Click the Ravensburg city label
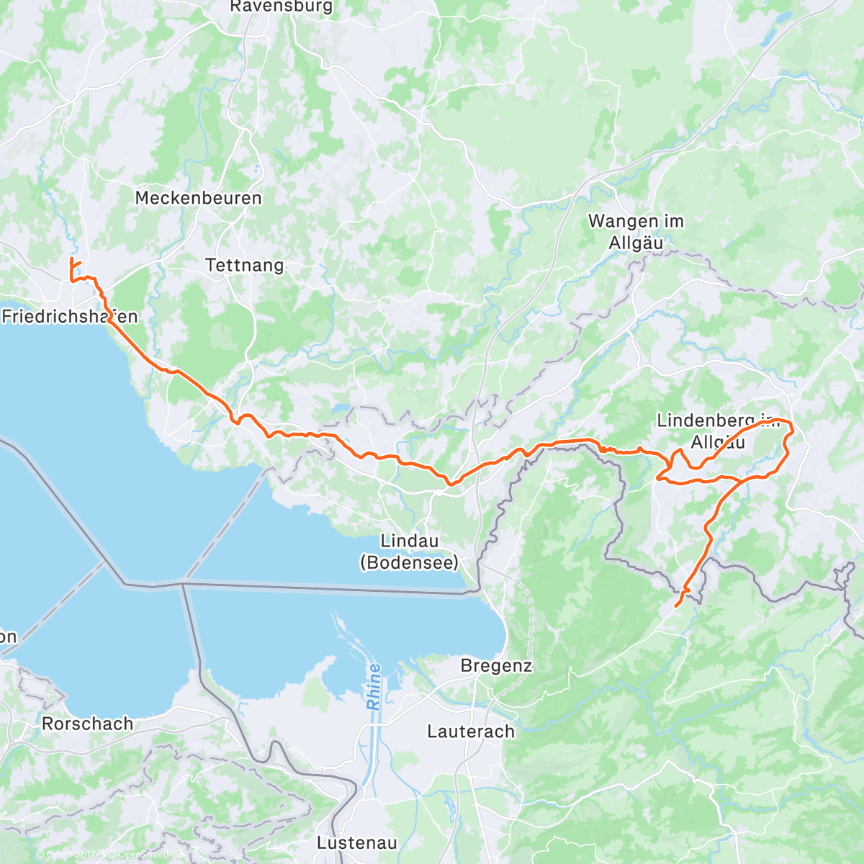click(282, 6)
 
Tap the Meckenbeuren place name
click(198, 198)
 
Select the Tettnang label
click(245, 265)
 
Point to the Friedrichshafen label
click(70, 316)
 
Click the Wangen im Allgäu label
click(636, 232)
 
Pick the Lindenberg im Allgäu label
click(718, 431)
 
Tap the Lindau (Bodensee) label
click(409, 552)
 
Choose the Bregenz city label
click(496, 666)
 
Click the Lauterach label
click(471, 732)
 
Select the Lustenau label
click(357, 842)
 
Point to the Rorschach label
click(88, 724)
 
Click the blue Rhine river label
click(374, 687)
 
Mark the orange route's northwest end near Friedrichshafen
click(71, 259)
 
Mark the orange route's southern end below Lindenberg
click(675, 606)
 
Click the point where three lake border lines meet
click(181, 583)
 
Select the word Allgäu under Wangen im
click(636, 243)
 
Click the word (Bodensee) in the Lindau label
click(409, 562)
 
